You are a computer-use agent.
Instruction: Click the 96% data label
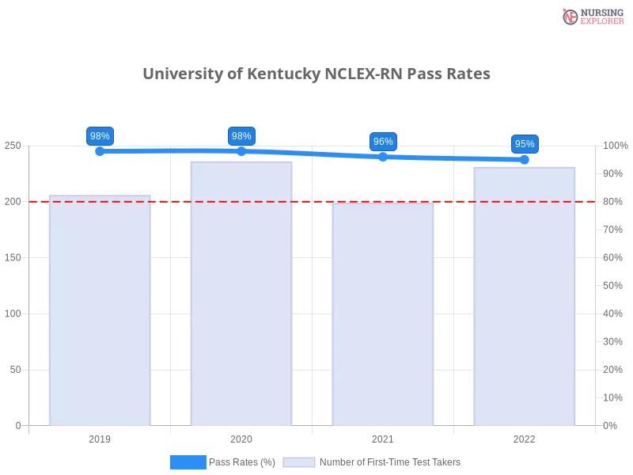383,142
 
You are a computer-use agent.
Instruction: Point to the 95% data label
524,144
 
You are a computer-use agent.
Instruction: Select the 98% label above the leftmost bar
100,136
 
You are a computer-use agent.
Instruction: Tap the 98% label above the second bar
241,136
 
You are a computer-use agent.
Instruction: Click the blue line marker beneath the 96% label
383,157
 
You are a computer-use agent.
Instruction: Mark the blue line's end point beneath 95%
525,160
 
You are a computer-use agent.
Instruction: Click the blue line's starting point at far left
100,151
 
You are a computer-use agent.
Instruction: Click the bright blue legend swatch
188,462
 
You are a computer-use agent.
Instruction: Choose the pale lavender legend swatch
299,462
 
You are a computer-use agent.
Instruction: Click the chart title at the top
316,74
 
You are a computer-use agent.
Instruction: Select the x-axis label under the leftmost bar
100,437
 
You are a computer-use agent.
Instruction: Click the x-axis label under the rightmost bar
524,437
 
